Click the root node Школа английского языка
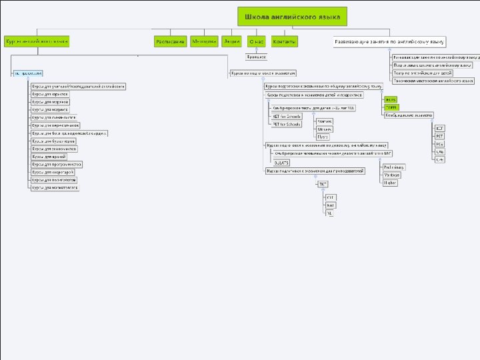point(292,16)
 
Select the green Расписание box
point(170,41)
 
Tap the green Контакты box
point(285,41)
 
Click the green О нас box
point(256,41)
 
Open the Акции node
point(231,41)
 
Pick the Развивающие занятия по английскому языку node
point(390,41)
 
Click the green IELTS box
point(390,99)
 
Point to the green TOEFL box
point(390,107)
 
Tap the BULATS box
point(281,162)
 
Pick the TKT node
point(323,183)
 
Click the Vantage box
point(391,175)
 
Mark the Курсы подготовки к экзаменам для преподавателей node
point(315,171)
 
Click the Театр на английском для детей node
point(423,73)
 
